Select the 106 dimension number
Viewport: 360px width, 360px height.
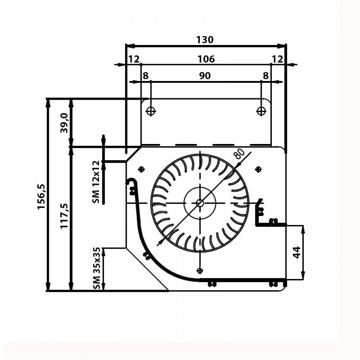pos(206,59)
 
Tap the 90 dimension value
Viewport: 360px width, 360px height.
pos(205,76)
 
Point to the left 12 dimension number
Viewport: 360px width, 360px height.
pos(134,59)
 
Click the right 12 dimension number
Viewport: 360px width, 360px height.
pos(278,59)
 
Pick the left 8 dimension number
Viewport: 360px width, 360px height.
pos(145,76)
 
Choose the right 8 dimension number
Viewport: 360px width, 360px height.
pos(266,76)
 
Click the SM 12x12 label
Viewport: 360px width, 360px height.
pos(96,182)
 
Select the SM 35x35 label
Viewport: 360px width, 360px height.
pos(96,269)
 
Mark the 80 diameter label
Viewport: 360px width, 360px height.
pos(239,154)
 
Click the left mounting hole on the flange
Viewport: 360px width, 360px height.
pos(151,111)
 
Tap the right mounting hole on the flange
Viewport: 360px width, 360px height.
pos(261,111)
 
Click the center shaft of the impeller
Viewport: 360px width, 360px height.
pos(199,203)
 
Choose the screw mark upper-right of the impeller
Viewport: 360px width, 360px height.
pos(258,169)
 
